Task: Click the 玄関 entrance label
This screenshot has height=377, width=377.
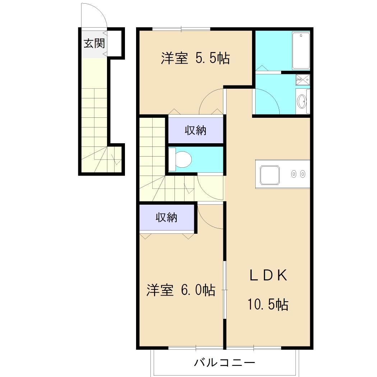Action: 94,43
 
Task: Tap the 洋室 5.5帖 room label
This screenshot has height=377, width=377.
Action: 195,58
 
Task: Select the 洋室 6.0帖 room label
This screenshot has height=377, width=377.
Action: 181,290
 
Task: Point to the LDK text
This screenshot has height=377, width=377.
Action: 268,275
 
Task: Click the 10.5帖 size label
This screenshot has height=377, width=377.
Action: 268,305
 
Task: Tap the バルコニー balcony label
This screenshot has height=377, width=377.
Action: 225,362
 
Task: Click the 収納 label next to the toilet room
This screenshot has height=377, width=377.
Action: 196,130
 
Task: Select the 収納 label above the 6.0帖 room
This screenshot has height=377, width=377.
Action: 166,217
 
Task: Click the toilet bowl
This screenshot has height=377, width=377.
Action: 182,159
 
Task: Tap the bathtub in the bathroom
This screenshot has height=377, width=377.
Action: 301,50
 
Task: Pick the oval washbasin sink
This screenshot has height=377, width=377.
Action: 302,102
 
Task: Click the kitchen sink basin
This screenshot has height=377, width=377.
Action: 270,175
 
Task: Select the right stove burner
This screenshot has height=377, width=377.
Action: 303,174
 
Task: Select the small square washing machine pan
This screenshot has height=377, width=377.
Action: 303,80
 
